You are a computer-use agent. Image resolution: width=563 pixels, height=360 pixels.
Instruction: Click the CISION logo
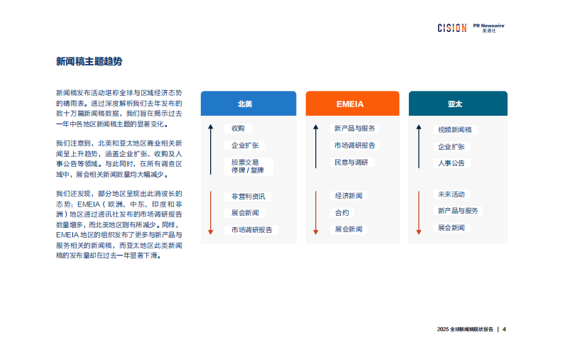[452, 28]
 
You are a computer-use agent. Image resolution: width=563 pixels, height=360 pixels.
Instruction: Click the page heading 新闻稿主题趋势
[89, 62]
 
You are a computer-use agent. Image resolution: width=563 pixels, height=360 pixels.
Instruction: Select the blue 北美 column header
[248, 104]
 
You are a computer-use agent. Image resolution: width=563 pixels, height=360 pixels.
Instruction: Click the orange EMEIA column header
[350, 104]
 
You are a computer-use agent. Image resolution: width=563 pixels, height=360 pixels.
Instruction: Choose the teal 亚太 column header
[457, 104]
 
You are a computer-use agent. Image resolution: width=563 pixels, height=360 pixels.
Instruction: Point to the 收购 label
[238, 129]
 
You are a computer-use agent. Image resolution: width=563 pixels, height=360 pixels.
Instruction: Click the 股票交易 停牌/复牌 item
[246, 166]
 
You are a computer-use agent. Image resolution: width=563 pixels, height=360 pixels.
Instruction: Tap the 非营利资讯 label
[247, 196]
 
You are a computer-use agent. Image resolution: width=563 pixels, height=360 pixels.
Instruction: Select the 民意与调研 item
[351, 163]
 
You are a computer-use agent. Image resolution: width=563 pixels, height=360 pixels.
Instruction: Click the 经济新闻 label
[349, 195]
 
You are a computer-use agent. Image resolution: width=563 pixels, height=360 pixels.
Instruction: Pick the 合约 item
[341, 212]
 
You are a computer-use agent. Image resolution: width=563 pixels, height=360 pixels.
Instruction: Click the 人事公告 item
[452, 163]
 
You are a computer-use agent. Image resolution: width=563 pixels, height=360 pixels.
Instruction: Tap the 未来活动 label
[453, 194]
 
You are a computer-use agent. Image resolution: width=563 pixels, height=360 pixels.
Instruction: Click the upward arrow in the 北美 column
[211, 149]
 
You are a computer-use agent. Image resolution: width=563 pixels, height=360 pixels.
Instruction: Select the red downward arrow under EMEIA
[316, 212]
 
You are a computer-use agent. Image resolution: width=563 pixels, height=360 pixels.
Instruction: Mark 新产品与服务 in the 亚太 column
[458, 211]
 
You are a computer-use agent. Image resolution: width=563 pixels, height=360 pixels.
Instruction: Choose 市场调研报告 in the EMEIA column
[355, 146]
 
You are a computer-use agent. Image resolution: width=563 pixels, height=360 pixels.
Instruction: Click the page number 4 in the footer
[504, 329]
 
